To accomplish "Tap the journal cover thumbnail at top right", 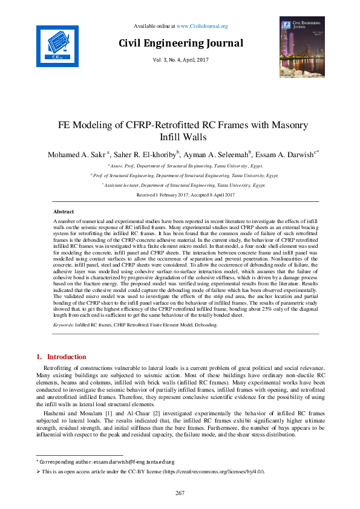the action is (x=300, y=48).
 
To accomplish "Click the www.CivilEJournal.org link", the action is (x=202, y=26).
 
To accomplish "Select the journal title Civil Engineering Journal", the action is (x=180, y=44).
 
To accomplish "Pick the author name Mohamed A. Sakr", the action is (x=76, y=154).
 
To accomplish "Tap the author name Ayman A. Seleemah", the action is (x=217, y=154).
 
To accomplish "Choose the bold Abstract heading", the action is (x=64, y=212).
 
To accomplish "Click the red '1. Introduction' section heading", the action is (x=62, y=357).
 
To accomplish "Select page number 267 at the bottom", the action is (x=180, y=493).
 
